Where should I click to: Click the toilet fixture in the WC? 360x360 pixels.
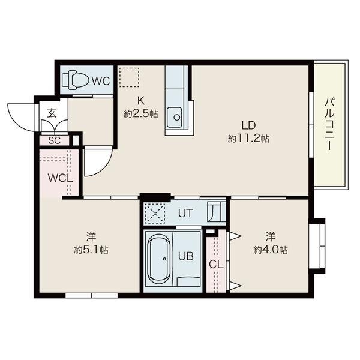pos(76,80)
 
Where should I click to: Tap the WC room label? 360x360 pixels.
pos(101,81)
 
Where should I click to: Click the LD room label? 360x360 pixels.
pos(248,125)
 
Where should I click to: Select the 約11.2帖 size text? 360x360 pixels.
pos(248,139)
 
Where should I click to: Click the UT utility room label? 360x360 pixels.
pos(185,213)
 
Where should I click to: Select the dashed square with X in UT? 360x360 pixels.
pos(156,214)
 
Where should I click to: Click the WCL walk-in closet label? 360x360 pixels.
pos(61,178)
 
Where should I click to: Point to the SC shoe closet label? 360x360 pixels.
pos(54,141)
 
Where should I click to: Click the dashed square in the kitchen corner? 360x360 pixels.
pos(128,77)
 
